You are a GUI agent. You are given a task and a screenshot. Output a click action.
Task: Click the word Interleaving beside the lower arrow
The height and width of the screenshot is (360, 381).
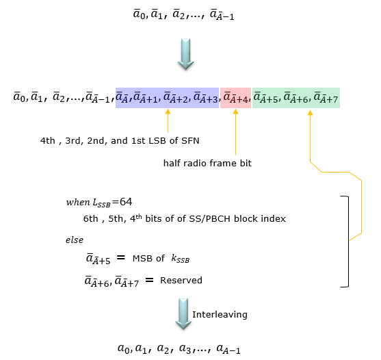220,315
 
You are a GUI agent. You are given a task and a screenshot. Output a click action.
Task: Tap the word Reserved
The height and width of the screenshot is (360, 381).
181,281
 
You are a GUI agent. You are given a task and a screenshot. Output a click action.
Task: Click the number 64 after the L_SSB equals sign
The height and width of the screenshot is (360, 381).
126,202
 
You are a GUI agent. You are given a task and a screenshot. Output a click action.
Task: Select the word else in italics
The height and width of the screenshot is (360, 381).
75,240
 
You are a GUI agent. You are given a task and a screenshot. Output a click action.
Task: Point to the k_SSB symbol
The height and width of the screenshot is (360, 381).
181,259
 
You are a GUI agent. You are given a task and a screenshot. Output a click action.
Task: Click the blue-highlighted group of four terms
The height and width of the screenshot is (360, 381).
167,98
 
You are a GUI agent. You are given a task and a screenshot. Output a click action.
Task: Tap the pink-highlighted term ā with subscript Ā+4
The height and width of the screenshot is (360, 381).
235,98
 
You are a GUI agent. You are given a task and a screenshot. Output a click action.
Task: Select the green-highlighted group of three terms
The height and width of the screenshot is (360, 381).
296,98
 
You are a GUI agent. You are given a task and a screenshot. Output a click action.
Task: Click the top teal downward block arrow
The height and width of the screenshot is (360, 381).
185,54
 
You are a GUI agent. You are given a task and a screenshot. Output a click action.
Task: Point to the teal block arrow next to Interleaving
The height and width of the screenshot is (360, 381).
183,314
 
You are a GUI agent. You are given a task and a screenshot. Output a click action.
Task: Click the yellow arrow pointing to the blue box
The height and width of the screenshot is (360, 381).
168,120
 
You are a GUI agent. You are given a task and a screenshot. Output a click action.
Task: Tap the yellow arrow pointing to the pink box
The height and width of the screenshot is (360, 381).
235,132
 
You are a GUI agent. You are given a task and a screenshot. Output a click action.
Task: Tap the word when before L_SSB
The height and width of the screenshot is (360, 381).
78,202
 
